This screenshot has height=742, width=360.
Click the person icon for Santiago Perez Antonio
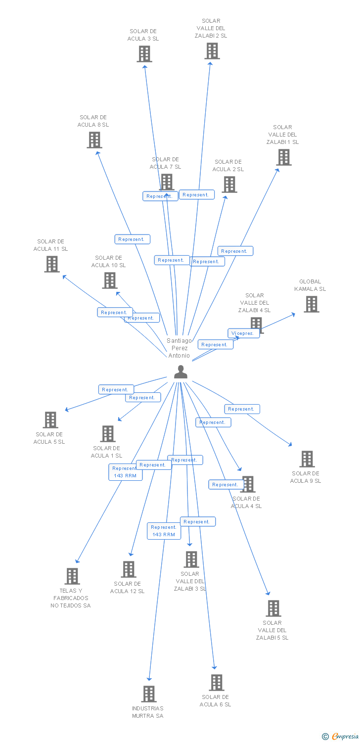coord(180,372)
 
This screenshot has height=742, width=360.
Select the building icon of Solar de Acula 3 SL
coord(144,54)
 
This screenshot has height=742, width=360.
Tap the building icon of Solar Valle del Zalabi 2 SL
coord(212,51)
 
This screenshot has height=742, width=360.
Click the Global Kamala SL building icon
coord(311,304)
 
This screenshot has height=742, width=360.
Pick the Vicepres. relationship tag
coord(243,333)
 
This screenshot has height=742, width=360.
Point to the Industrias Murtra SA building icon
coord(148,694)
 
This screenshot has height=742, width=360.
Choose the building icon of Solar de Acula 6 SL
coord(216,683)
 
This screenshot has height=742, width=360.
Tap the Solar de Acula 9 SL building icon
coord(307,459)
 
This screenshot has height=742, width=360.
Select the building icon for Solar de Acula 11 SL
coord(51,264)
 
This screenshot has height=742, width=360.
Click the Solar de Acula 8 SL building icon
coord(94,140)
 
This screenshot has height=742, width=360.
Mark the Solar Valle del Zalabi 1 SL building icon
coord(283,157)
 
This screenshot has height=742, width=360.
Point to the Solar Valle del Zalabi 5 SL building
coord(273,608)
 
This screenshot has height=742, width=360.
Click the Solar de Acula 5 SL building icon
coord(50,420)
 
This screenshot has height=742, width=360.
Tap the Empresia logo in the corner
coord(341,736)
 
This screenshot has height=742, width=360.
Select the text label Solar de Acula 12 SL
coord(127,588)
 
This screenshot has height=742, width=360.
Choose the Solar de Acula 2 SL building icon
coord(229,185)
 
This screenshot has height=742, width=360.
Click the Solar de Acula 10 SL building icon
coord(109,280)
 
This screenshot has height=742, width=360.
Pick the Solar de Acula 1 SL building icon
coord(107,434)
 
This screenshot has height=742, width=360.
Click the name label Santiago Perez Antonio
coord(179,348)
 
